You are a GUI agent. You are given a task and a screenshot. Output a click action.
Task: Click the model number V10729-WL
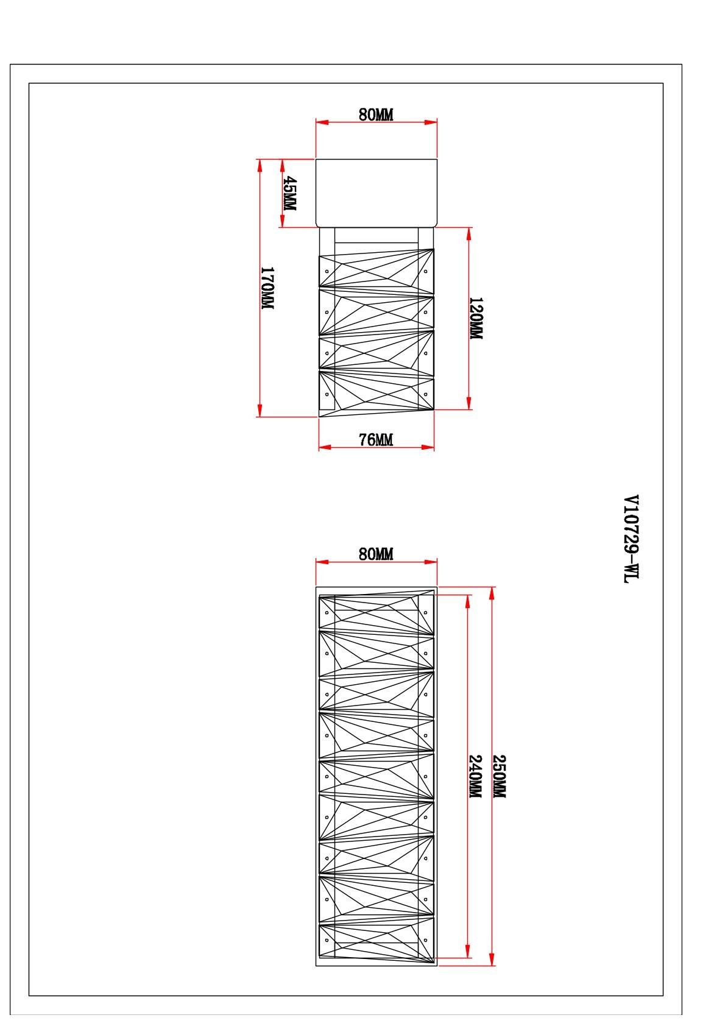coord(631,539)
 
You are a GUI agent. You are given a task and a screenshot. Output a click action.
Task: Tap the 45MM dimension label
coord(289,193)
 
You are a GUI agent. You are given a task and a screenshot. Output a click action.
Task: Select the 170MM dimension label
coord(267,288)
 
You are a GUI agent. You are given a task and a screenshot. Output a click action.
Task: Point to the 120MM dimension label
coord(476,318)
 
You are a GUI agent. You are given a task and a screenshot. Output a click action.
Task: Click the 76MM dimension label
coord(375,439)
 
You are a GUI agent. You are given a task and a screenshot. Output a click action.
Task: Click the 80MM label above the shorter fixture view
coord(375,115)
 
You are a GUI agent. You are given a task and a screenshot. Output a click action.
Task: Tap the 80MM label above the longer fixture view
coord(375,554)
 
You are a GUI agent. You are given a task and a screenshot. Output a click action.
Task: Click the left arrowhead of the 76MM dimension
coord(325,447)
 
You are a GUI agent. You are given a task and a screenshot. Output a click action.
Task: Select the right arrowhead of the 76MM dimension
coord(428,447)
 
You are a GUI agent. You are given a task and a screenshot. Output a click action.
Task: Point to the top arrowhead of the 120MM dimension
coord(469,233)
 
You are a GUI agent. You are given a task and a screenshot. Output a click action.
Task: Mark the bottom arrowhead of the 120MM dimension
coord(469,403)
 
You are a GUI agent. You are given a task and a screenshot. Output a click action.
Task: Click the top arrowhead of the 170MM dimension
coord(260,166)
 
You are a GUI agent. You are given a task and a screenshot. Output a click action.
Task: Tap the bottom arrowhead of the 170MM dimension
coord(260,411)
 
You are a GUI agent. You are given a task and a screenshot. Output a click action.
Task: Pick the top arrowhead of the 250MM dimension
coord(492,593)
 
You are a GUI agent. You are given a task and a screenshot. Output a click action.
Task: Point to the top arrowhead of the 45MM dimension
coord(282,165)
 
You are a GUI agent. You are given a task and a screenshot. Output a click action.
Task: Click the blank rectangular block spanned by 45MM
coord(377,193)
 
